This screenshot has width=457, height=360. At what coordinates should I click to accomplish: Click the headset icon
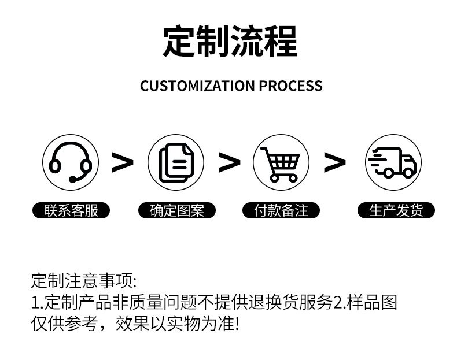pos(71,162)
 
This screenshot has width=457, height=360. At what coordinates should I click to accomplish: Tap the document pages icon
pos(176,162)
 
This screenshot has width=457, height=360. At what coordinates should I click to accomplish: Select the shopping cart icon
pos(281,162)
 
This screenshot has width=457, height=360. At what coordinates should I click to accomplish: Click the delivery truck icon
pos(393,162)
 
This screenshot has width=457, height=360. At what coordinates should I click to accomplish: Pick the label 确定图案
pos(177,210)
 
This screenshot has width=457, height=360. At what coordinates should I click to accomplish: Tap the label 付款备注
pos(282,210)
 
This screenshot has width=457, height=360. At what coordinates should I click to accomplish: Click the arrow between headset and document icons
pos(122,162)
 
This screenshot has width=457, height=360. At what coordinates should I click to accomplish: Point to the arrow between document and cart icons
pos(229,162)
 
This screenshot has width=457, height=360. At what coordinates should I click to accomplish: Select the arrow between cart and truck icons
pos(334,162)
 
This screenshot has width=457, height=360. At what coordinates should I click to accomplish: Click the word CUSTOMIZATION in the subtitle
pos(197,86)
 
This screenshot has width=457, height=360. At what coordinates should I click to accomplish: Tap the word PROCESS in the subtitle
pos(290,86)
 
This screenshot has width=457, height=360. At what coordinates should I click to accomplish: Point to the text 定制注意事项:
pos(83,281)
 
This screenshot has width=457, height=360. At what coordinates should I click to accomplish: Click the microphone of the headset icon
pos(73,180)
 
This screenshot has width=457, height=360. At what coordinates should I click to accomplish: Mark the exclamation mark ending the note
pos(235,324)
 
